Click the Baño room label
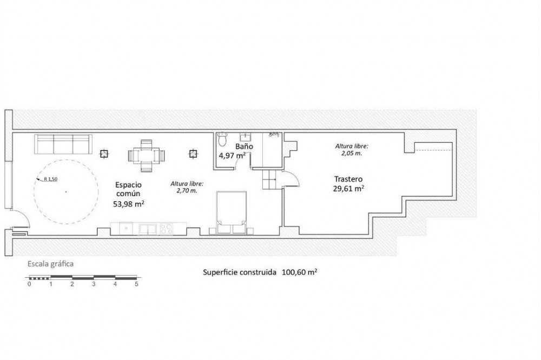pos(244,146)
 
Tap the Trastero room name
pos(348,179)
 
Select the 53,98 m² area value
pos(129,204)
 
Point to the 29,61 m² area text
pos(348,188)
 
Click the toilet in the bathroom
pos(222,139)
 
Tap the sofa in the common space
pos(63,144)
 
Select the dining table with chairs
pos(146,156)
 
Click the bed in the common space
pos(231,212)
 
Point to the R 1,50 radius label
pos(50,179)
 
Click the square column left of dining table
pos(104,154)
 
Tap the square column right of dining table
pos(193,154)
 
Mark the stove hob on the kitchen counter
pos(167,229)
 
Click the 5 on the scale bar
pos(137,284)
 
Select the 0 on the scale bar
pos(29,284)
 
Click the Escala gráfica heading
pos(50,264)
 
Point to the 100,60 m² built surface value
pos(300,272)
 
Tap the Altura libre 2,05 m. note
pos(352,150)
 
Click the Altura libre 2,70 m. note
pos(187,187)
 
